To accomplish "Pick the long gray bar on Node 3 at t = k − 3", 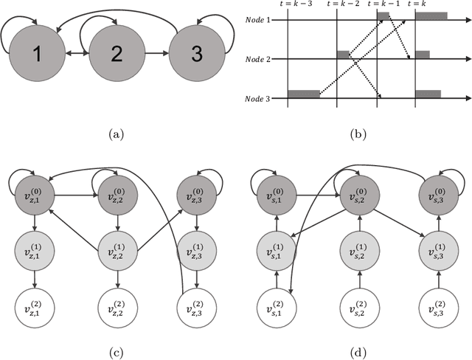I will point(304,94).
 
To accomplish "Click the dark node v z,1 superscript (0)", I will point(33,195).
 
